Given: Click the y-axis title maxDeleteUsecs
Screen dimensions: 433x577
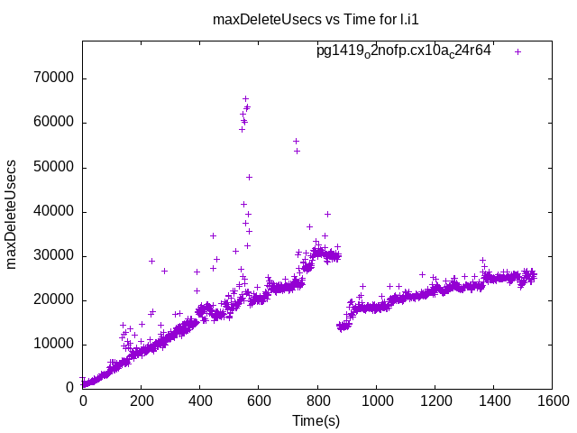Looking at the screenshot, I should pos(13,215).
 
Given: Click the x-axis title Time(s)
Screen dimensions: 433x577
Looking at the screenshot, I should pos(317,420).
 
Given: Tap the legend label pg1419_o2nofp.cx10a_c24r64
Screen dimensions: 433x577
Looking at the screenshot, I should pos(404,51).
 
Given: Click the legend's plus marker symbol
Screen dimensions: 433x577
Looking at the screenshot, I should pos(518,51).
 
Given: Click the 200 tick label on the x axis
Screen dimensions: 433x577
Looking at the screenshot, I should pos(142,403).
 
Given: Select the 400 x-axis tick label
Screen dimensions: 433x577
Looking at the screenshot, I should pos(200,403).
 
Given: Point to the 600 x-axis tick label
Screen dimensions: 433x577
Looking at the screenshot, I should pos(259,403).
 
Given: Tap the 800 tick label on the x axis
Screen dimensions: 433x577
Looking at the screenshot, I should pos(317,403).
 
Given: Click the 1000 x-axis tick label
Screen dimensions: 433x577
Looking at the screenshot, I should pos(376,403).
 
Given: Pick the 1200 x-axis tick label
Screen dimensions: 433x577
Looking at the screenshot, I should pos(435,403).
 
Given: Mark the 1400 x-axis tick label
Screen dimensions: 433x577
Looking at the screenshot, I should pos(493,403).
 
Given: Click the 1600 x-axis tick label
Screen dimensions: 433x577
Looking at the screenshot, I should pos(552,403).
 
